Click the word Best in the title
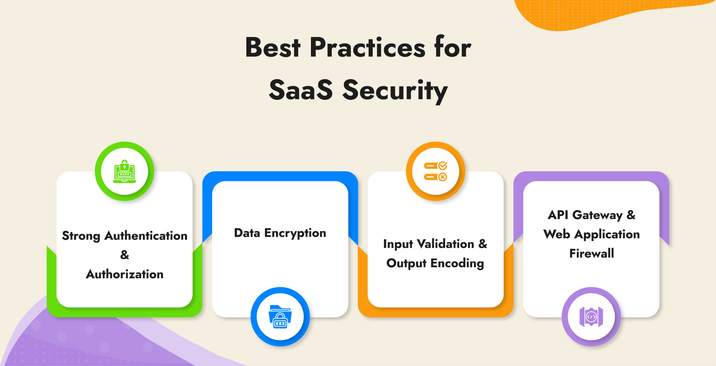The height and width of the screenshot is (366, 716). tap(273, 48)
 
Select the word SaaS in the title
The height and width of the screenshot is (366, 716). tap(301, 90)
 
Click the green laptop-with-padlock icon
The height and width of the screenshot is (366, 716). tap(124, 172)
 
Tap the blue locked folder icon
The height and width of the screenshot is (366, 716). tap(280, 317)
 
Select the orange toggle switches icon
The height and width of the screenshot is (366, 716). tap(435, 172)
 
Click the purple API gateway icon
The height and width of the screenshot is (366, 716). tap(591, 317)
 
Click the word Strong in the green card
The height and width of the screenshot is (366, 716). tap(81, 236)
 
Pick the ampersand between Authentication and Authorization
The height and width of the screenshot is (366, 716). tap(124, 255)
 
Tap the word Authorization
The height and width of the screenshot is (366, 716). tap(124, 274)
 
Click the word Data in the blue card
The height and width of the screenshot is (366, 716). tap(247, 233)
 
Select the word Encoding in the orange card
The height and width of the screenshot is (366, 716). tap(457, 263)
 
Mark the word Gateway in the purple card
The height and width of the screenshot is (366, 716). tap(597, 215)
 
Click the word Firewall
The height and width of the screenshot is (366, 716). tap(592, 254)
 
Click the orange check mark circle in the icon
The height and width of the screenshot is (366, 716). tap(442, 166)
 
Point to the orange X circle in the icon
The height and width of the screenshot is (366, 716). tap(442, 177)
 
